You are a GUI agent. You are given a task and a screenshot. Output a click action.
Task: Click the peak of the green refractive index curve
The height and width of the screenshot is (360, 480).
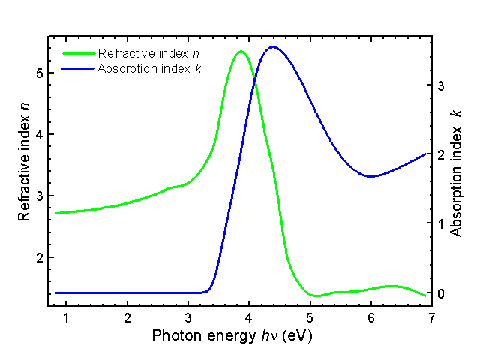point(240,52)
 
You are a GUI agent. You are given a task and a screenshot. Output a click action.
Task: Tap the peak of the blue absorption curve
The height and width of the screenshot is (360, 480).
point(272,47)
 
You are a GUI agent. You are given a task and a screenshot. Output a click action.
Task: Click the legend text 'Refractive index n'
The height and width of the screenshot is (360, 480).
point(148,54)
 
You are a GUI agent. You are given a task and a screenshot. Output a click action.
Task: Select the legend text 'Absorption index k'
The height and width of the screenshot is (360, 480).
point(150,68)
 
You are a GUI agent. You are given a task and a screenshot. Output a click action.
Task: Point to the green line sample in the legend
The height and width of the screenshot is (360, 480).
point(78,54)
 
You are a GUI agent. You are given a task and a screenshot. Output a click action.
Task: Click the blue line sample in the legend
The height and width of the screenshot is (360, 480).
point(78,68)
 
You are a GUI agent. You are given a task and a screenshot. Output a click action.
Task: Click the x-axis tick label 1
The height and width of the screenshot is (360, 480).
point(66,317)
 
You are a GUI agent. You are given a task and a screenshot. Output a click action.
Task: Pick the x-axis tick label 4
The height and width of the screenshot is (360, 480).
point(249,317)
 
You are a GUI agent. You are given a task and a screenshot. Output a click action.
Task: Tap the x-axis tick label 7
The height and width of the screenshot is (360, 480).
point(432,317)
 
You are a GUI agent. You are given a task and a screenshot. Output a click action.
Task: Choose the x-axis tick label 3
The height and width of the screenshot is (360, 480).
point(188,317)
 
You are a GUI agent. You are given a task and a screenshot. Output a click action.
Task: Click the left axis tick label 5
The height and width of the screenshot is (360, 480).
point(38,73)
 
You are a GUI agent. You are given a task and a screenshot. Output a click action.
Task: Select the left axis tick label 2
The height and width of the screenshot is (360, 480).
point(38,257)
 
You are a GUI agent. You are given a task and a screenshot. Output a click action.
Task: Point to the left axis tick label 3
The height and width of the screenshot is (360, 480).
point(38,196)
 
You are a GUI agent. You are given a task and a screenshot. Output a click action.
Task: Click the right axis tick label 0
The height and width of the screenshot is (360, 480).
point(442,293)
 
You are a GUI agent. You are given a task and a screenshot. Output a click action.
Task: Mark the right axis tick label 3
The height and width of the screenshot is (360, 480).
point(442,86)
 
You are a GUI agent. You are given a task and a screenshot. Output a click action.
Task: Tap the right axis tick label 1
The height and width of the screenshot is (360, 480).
point(442,224)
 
